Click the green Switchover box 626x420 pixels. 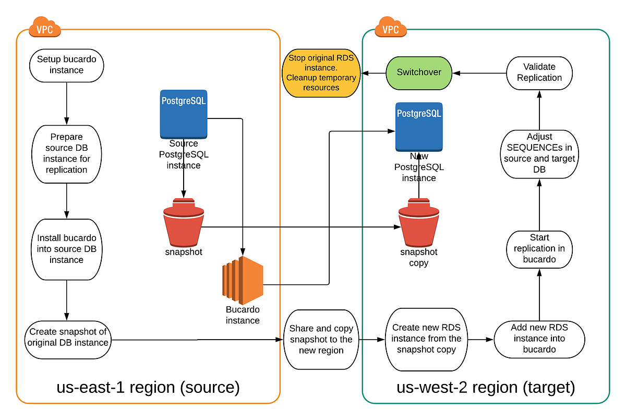coord(418,73)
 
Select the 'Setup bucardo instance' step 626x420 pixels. coord(67,66)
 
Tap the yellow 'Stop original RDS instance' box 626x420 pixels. coord(321,73)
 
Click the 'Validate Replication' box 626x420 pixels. coord(539,73)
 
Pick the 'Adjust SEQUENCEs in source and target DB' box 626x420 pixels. coord(539,154)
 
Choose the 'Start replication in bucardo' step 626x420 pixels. coord(539,249)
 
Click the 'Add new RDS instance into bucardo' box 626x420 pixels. coord(539,340)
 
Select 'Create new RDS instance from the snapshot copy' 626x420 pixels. coord(426,340)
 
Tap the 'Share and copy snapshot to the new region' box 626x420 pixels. coord(321,340)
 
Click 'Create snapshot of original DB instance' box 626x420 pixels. coord(68,340)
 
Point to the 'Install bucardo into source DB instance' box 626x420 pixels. coord(67,249)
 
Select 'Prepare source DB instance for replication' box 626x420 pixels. coord(67,154)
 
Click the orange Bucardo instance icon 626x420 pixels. coord(243,280)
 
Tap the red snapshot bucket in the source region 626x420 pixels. coord(184,222)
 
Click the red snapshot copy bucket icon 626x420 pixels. coord(418,222)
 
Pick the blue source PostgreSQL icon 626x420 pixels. coord(184,114)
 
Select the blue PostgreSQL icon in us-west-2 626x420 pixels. coord(419,127)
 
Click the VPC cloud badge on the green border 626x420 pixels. coord(390,27)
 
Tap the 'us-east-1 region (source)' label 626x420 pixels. coord(148,387)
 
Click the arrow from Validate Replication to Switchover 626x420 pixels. coord(479,73)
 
